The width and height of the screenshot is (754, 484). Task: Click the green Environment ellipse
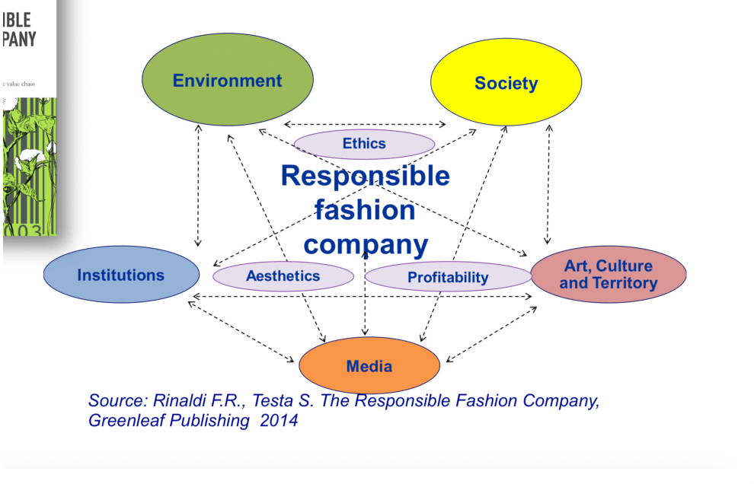[228, 81]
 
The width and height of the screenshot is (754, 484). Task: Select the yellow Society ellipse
[506, 84]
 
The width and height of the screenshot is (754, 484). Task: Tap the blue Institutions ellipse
[121, 275]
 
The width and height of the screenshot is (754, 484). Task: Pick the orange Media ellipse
[369, 366]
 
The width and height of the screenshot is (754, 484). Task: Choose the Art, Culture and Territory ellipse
[608, 275]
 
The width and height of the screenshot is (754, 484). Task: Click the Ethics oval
[364, 144]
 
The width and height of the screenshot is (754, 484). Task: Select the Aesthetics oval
[283, 276]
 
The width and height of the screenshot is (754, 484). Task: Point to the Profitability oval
[448, 278]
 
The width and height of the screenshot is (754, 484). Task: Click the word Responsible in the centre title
[365, 176]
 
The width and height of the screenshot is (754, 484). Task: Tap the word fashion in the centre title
[365, 210]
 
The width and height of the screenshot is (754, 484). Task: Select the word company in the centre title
[365, 244]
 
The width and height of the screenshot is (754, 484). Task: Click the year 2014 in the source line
[279, 419]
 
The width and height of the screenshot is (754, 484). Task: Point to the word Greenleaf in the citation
[125, 419]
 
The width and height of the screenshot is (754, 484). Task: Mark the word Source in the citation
[114, 401]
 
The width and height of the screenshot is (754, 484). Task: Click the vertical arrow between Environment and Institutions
[198, 186]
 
